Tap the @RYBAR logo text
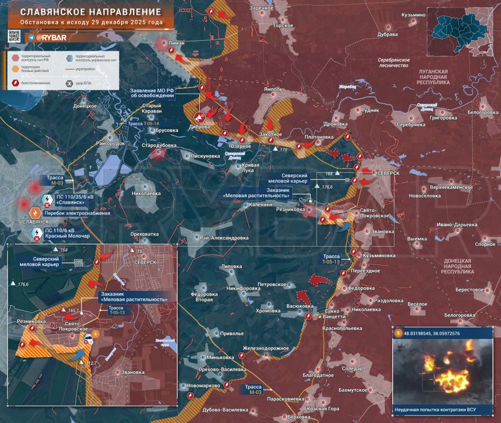pyautogui.click(x=52, y=38)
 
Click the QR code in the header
pyautogui.click(x=14, y=36)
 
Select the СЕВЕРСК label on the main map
pyautogui.click(x=388, y=173)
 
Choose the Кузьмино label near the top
pyautogui.click(x=413, y=15)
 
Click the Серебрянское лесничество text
pyautogui.click(x=394, y=62)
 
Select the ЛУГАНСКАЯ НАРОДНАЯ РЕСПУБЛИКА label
pyautogui.click(x=432, y=77)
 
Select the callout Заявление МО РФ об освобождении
pyautogui.click(x=153, y=94)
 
